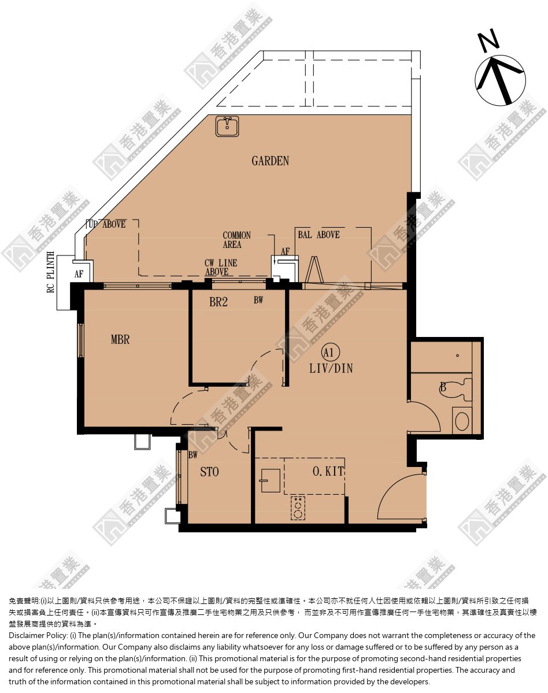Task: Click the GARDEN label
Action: pyautogui.click(x=270, y=161)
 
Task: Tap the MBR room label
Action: pyautogui.click(x=120, y=339)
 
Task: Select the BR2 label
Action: pyautogui.click(x=219, y=302)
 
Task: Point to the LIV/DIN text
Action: pyautogui.click(x=331, y=368)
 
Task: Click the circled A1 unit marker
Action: pyautogui.click(x=329, y=352)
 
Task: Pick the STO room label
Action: pyautogui.click(x=209, y=472)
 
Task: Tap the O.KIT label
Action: pyautogui.click(x=328, y=471)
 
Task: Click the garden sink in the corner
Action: pyautogui.click(x=227, y=126)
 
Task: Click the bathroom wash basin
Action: pyautogui.click(x=462, y=421)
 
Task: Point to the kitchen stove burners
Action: pyautogui.click(x=298, y=508)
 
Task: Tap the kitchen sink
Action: pyautogui.click(x=269, y=480)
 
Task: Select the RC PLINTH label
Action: pyautogui.click(x=51, y=272)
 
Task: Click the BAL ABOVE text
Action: pyautogui.click(x=319, y=235)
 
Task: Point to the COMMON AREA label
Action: pyautogui.click(x=236, y=240)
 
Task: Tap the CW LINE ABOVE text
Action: pyautogui.click(x=220, y=268)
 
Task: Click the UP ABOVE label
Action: pyautogui.click(x=106, y=224)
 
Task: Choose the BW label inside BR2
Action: pyautogui.click(x=258, y=300)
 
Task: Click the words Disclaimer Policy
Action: pyautogui.click(x=38, y=636)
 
